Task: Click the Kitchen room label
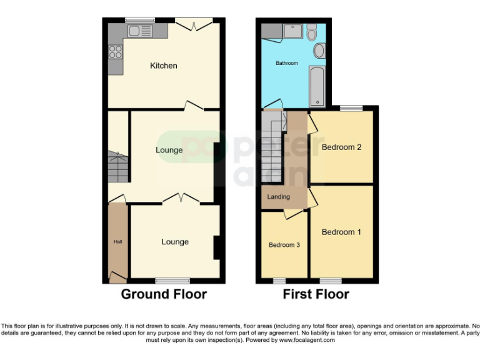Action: pyautogui.click(x=163, y=66)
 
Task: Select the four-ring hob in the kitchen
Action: pyautogui.click(x=116, y=52)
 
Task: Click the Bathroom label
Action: pyautogui.click(x=287, y=63)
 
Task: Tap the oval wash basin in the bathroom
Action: pyautogui.click(x=318, y=51)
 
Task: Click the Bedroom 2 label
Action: pyautogui.click(x=341, y=147)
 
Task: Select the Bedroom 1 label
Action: pyautogui.click(x=341, y=232)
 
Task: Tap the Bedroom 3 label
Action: pyautogui.click(x=284, y=245)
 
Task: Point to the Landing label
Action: pyautogui.click(x=278, y=197)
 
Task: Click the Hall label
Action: pyautogui.click(x=117, y=241)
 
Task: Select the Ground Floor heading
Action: pyautogui.click(x=163, y=294)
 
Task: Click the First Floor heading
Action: pyautogui.click(x=316, y=294)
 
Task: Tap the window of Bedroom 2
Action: pyautogui.click(x=351, y=108)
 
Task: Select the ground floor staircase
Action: pyautogui.click(x=117, y=167)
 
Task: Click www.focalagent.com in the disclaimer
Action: pyautogui.click(x=307, y=341)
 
